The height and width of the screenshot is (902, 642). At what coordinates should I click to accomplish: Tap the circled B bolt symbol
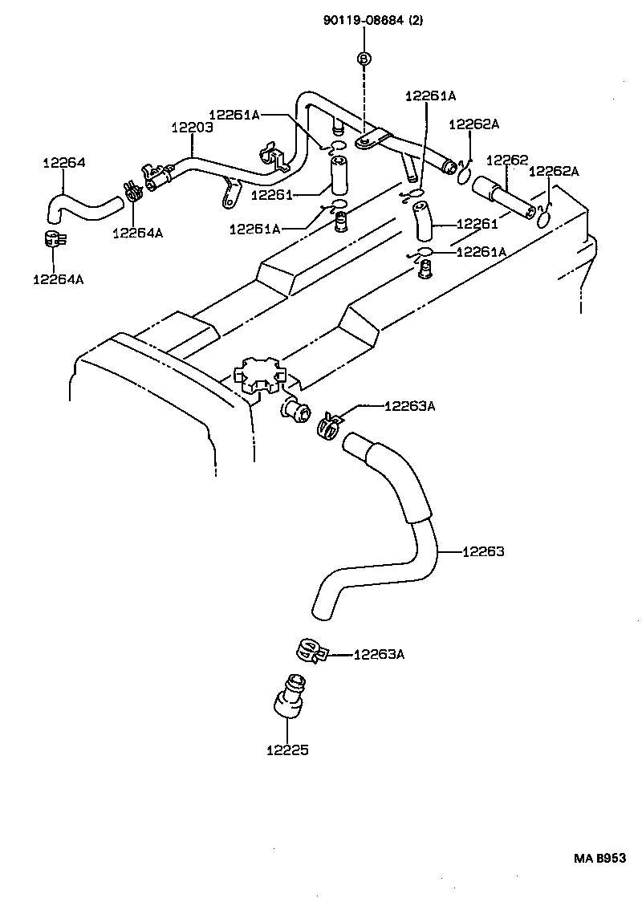point(364,59)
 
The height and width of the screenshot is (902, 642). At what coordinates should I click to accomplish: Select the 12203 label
point(191,128)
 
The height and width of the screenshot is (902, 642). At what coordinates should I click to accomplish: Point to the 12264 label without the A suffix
point(63,163)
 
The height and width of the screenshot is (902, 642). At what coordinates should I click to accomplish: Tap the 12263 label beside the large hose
point(483,551)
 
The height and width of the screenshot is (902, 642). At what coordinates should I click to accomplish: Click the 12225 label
point(287,750)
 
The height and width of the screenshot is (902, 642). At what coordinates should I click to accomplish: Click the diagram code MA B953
point(599,858)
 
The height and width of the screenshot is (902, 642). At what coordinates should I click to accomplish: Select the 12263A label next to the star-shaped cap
point(409,406)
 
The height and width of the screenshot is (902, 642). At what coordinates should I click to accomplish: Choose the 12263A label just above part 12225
point(379,654)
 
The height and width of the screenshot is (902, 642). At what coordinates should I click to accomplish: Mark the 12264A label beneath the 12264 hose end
point(58,279)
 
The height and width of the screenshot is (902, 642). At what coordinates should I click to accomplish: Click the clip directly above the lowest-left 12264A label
point(55,238)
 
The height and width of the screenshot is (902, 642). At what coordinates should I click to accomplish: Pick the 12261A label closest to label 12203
point(234,115)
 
